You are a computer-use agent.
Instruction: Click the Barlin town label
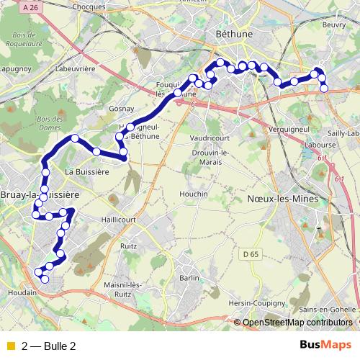pos(189,277)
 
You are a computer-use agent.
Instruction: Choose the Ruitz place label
pos(129,246)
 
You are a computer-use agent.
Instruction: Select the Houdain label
pos(22,294)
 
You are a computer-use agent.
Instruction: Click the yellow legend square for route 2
pos(9,346)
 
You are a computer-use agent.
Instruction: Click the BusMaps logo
pos(325,346)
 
